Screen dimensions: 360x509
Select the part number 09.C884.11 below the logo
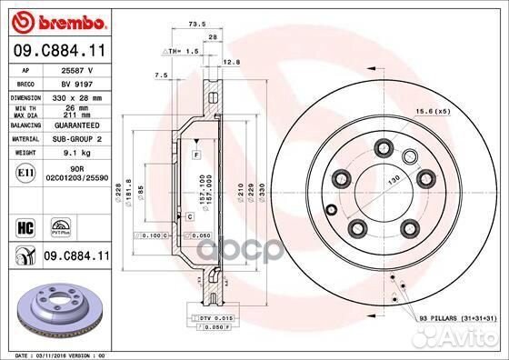tap(57, 51)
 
